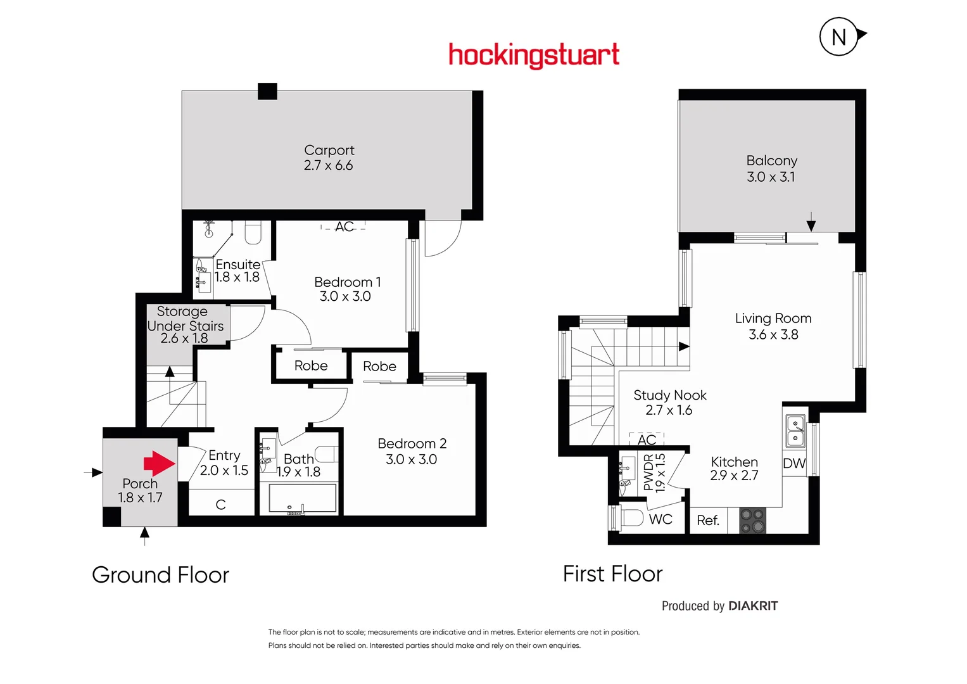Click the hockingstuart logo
(x=533, y=56)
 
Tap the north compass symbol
(x=839, y=37)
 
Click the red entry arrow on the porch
(x=158, y=464)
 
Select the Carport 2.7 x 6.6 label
(x=329, y=158)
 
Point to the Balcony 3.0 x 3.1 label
(x=771, y=168)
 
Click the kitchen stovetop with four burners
(x=753, y=521)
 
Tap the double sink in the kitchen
(x=795, y=431)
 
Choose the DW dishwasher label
(x=794, y=464)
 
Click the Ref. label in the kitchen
(x=708, y=521)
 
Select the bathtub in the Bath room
(x=302, y=498)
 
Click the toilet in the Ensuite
(x=253, y=232)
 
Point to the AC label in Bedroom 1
(x=344, y=227)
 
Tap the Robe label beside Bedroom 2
(x=379, y=367)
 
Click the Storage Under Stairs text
(x=184, y=325)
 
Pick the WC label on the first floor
(x=660, y=519)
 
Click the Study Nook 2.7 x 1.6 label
(x=669, y=402)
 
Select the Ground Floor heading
(x=160, y=575)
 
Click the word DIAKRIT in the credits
(x=753, y=606)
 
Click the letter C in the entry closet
(x=220, y=505)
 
